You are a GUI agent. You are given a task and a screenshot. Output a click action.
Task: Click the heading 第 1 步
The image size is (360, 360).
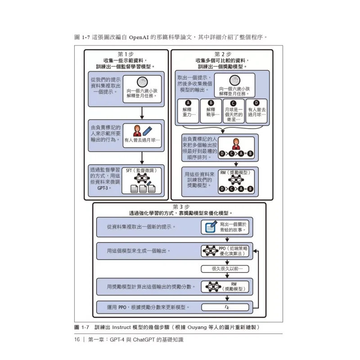(126, 54)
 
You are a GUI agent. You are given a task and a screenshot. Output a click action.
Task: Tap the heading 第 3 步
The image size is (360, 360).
(181, 207)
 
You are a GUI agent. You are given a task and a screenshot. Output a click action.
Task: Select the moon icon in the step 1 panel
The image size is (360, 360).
(142, 82)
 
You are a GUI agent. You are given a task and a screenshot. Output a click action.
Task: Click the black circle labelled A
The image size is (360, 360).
(188, 103)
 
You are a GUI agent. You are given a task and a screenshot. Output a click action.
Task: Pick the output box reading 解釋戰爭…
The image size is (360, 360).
(211, 111)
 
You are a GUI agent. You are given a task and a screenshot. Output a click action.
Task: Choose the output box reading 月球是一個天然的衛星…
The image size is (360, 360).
(234, 111)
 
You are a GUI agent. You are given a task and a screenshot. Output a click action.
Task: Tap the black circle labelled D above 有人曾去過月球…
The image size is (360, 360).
(256, 103)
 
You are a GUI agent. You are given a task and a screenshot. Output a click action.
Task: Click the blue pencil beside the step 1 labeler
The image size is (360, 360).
(147, 131)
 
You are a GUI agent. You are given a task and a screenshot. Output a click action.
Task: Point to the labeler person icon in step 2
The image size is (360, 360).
(236, 144)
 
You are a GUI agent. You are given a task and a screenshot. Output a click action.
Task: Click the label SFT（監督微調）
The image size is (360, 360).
(141, 171)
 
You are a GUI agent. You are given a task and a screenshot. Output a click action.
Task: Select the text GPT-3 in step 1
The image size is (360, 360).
(103, 188)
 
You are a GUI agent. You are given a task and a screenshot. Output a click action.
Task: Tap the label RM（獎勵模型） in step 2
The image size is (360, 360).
(235, 172)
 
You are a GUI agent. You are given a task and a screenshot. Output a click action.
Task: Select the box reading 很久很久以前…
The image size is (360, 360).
(225, 269)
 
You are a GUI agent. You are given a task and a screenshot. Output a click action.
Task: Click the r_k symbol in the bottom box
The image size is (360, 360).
(227, 307)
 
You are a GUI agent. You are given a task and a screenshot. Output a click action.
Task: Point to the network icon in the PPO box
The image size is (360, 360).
(210, 251)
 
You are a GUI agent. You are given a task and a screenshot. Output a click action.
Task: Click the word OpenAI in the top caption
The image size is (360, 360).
(139, 37)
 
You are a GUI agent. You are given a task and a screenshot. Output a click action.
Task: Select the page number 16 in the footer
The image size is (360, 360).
(77, 340)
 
